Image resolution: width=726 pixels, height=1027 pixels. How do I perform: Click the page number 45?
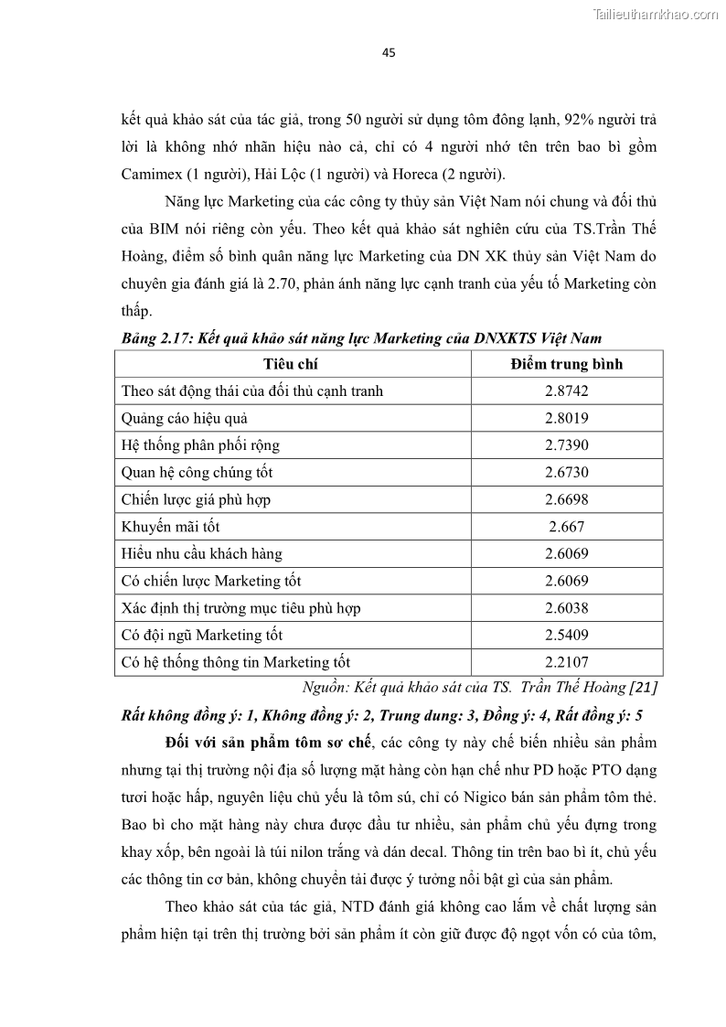point(389,52)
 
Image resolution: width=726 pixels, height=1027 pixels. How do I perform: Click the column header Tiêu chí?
point(292,364)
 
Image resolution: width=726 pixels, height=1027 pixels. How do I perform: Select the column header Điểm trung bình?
point(566,364)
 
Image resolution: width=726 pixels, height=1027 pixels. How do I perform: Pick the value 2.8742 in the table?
point(566,390)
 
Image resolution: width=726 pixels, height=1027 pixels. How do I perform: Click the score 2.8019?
point(566,418)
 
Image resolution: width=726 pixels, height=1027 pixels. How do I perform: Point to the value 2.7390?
point(566,445)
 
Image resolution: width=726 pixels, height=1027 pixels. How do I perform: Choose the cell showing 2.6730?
point(566,473)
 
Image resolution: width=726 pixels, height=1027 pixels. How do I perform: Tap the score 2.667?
point(566,527)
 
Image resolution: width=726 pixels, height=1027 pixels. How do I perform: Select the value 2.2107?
point(566,662)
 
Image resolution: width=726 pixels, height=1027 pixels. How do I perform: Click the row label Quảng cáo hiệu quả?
point(185,418)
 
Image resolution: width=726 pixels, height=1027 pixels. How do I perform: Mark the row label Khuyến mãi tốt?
point(170,527)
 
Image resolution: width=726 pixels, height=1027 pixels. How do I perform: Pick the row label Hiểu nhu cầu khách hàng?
point(201,553)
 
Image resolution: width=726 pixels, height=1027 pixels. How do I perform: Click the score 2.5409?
point(566,635)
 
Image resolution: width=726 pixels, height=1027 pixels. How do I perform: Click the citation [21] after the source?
point(643,687)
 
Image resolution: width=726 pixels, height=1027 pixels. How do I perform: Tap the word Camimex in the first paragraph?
point(153,175)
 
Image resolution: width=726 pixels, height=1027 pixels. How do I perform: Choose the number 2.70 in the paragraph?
point(272,284)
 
